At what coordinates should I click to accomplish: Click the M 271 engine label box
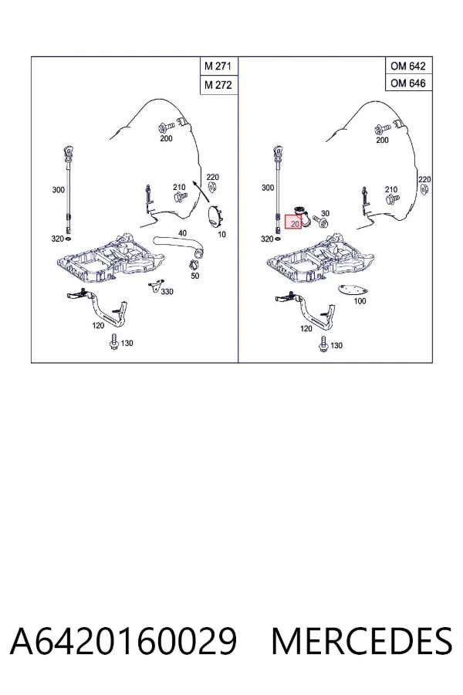tap(219, 66)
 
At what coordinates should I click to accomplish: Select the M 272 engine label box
tap(219, 85)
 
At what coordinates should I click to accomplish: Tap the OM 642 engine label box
tap(408, 66)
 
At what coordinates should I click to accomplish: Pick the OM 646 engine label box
tap(408, 83)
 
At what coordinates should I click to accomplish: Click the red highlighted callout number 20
tap(293, 223)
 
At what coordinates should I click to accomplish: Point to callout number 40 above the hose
tap(183, 233)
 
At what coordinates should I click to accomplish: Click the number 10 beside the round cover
tap(221, 234)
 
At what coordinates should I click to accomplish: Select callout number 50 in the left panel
tap(195, 276)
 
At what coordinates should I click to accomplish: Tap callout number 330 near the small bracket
tap(167, 292)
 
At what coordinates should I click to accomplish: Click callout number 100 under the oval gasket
tap(360, 301)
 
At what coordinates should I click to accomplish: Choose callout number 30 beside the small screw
tap(325, 213)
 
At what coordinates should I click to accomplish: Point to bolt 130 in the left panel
tap(113, 342)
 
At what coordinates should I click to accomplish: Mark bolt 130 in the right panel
tap(323, 344)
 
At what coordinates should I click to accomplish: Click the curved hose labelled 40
tap(178, 246)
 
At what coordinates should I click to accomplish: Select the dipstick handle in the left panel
tap(69, 154)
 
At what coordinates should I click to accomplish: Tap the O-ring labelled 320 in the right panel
tap(277, 239)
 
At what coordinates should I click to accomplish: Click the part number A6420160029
tap(123, 641)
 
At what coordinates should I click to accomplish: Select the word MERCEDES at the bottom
tap(362, 641)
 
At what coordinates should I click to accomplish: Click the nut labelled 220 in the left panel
tap(212, 188)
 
